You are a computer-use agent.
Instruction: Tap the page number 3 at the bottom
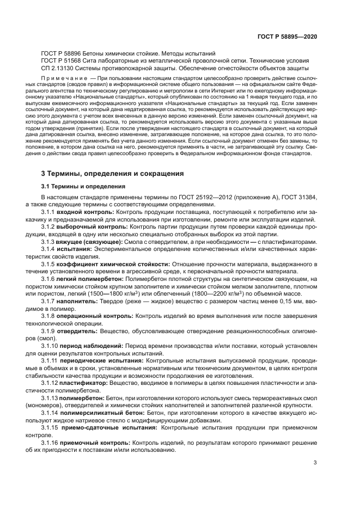coord(315,463)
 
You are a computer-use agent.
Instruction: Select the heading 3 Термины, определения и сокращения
coord(113,174)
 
